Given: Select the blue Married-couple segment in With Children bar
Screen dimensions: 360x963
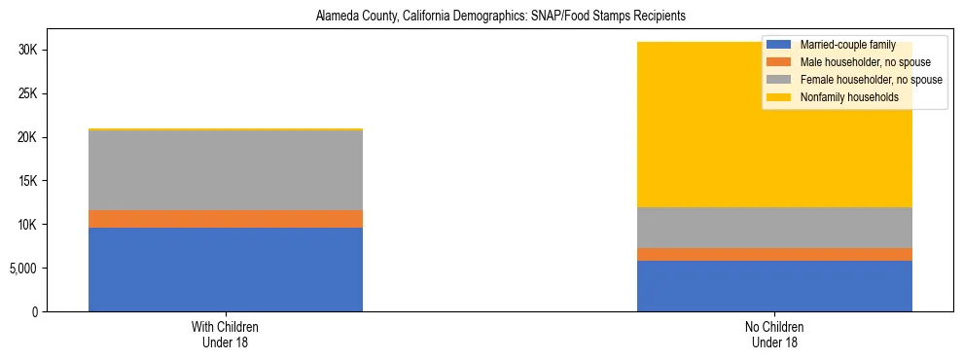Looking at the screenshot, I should (x=226, y=270).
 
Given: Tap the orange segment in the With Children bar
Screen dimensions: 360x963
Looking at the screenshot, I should (x=226, y=219).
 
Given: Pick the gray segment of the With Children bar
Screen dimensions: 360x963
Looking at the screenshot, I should (x=226, y=170).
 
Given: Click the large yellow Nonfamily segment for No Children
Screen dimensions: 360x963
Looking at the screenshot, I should (x=681, y=126).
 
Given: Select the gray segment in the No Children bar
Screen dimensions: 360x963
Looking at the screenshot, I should (x=774, y=228).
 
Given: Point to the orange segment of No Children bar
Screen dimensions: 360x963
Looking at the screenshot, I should (x=774, y=254).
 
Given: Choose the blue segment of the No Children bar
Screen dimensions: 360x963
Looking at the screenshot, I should (x=774, y=286).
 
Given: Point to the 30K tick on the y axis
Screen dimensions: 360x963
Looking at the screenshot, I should (x=27, y=50).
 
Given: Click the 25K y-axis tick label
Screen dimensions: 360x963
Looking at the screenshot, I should (x=27, y=93).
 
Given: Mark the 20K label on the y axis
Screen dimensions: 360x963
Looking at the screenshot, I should (x=27, y=137).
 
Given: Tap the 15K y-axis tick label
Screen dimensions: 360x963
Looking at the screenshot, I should (x=27, y=181).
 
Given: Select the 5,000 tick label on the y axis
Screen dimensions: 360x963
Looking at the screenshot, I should (x=23, y=268).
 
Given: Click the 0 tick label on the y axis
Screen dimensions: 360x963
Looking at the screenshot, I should (x=34, y=311).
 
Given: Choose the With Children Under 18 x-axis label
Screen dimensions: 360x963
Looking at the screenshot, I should (x=226, y=334).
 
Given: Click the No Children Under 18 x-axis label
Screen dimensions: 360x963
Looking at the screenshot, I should (x=774, y=334).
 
